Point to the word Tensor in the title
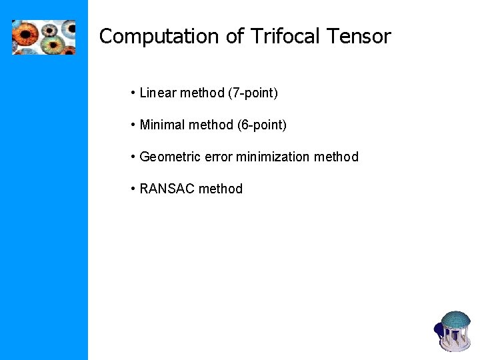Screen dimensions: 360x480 point(361,37)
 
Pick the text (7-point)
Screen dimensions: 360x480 point(253,93)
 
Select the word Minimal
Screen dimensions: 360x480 point(161,125)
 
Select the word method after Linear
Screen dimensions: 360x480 point(202,93)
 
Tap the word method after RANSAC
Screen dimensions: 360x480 point(221,189)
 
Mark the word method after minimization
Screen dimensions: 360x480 point(336,157)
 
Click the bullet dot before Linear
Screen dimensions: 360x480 point(134,93)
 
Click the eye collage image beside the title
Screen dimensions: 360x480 point(43,37)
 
